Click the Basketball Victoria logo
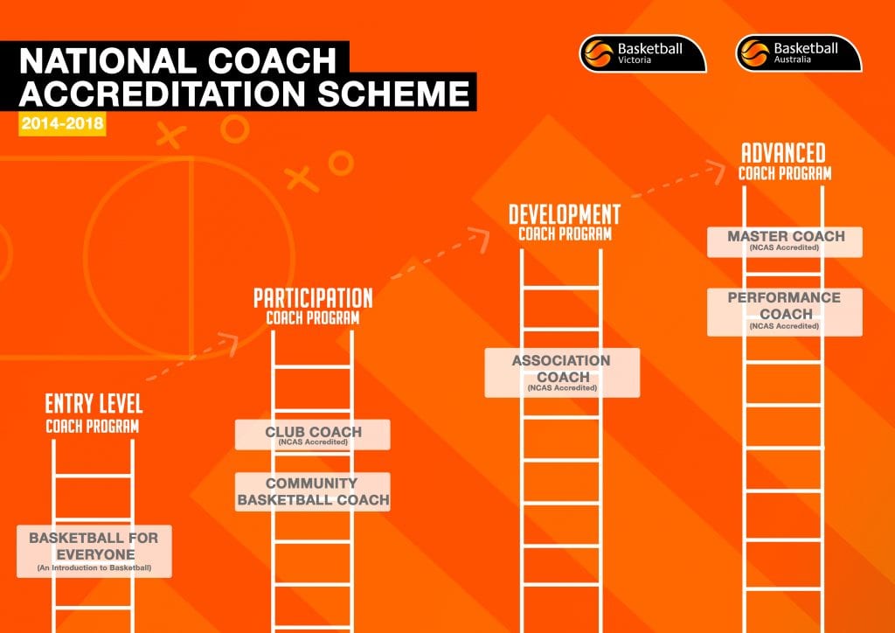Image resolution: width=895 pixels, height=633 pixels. coord(642,53)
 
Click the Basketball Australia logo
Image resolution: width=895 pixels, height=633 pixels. coord(799,53)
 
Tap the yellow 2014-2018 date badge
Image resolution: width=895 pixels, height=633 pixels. coord(62,124)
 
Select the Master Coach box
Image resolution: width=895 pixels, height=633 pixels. coord(785,241)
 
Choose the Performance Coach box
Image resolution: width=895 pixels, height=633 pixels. coord(785,311)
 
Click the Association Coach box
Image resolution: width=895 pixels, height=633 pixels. coord(562,372)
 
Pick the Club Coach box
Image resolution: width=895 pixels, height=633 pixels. coord(313,435)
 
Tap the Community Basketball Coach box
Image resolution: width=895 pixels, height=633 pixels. coord(313,492)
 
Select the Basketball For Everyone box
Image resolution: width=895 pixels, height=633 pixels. coord(94,551)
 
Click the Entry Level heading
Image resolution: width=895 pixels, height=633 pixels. coord(94,404)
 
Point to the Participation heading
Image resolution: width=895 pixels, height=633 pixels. coord(313,298)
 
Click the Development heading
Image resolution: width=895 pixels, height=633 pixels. coord(565,214)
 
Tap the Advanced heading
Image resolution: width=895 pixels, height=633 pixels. coord(785,153)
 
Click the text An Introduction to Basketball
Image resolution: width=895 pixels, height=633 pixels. coord(94,568)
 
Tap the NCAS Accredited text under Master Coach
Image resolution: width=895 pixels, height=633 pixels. coord(785,248)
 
